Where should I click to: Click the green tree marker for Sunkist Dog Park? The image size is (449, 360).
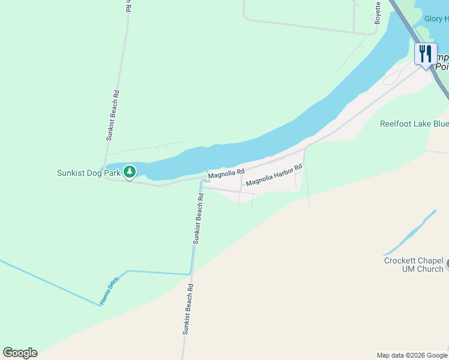click(129, 172)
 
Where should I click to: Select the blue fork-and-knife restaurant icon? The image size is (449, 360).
click(425, 53)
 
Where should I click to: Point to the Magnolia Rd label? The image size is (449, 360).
click(226, 173)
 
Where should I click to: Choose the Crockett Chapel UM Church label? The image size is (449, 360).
click(414, 265)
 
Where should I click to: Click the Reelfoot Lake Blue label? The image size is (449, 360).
click(414, 124)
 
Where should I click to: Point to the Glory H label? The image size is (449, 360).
click(436, 19)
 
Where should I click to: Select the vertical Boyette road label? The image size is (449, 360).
click(378, 11)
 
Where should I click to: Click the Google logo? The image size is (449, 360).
click(20, 353)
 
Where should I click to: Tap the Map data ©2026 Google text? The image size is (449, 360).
click(412, 355)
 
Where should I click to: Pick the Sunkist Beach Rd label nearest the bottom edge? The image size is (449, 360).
click(187, 308)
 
